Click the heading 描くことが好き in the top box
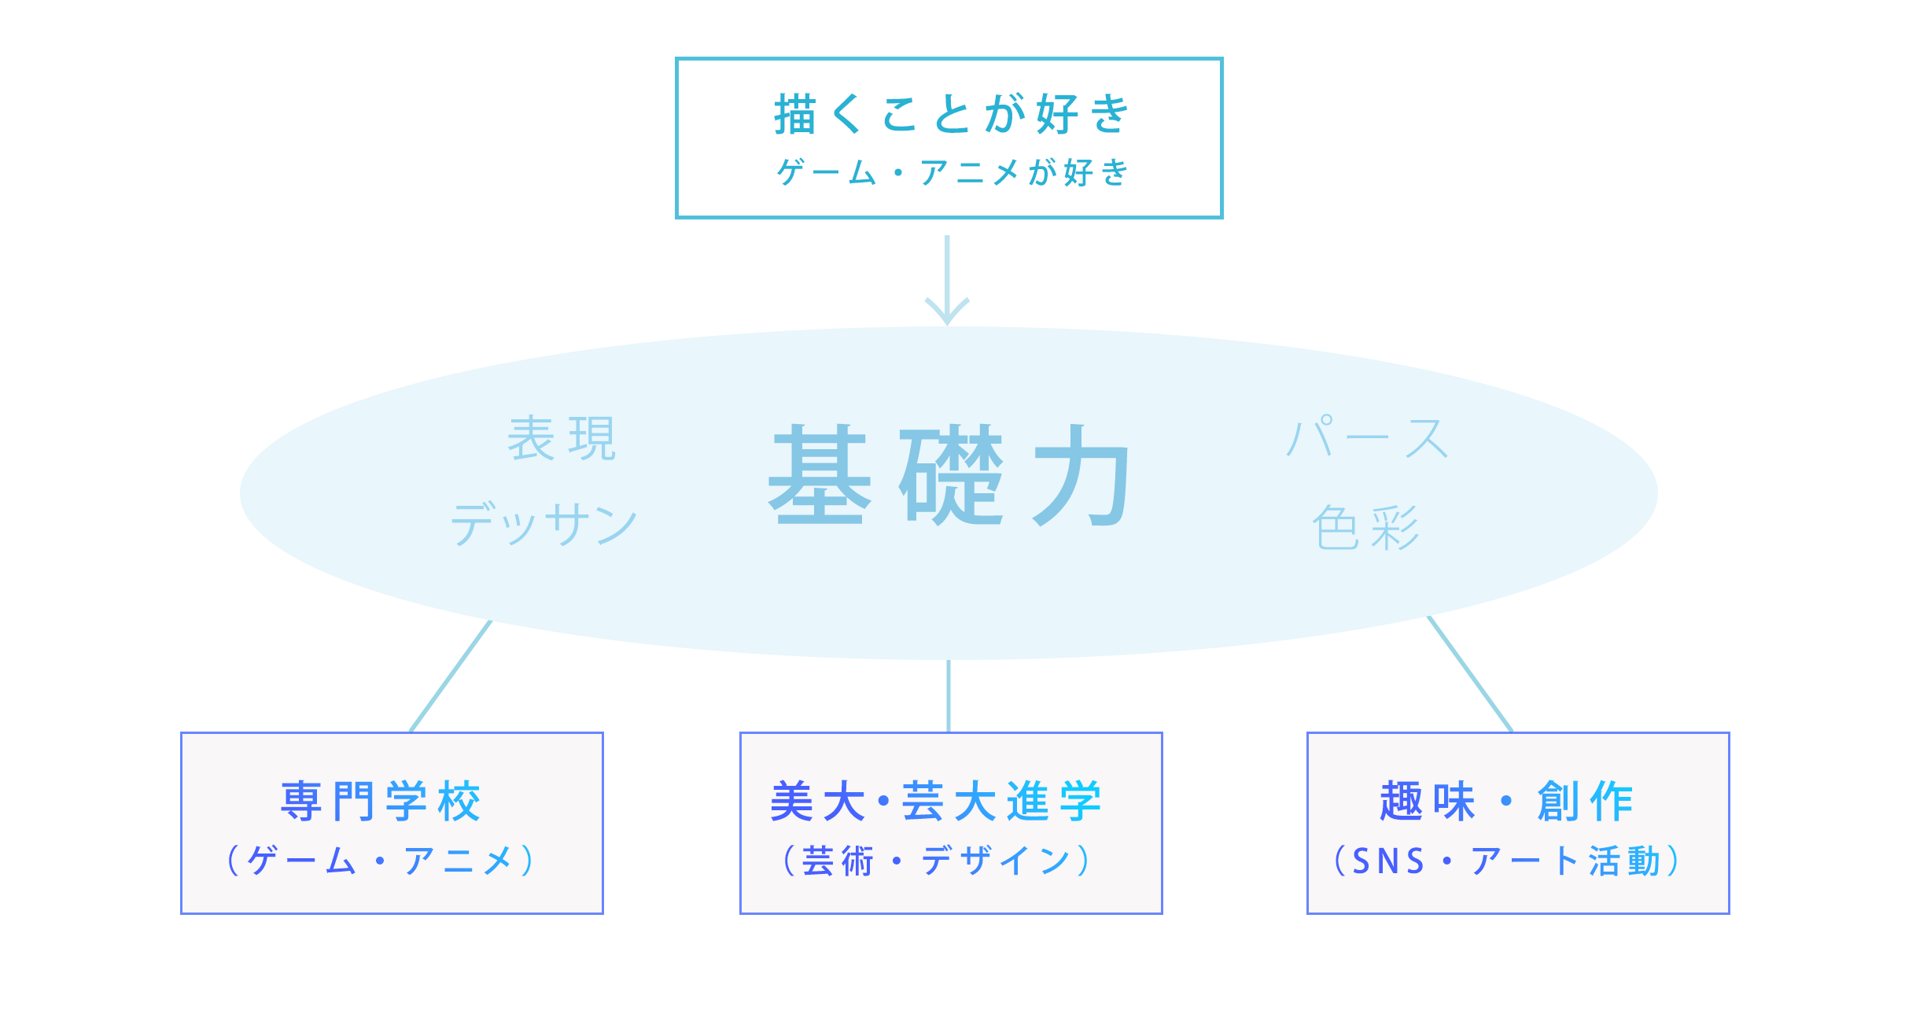[951, 114]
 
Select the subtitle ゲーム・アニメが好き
[951, 172]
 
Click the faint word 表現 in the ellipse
[562, 439]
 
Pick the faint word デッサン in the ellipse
[543, 524]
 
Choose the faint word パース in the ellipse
[1367, 437]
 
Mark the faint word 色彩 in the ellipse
[1366, 527]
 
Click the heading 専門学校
[381, 802]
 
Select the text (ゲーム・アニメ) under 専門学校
[381, 861]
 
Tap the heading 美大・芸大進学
[936, 802]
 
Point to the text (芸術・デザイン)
[936, 861]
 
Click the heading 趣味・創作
[1506, 802]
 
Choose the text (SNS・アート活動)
[1506, 861]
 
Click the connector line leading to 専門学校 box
[450, 677]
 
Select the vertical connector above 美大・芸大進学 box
[949, 696]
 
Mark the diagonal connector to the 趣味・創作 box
[1470, 674]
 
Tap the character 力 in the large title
[1081, 475]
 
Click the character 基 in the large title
[820, 475]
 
